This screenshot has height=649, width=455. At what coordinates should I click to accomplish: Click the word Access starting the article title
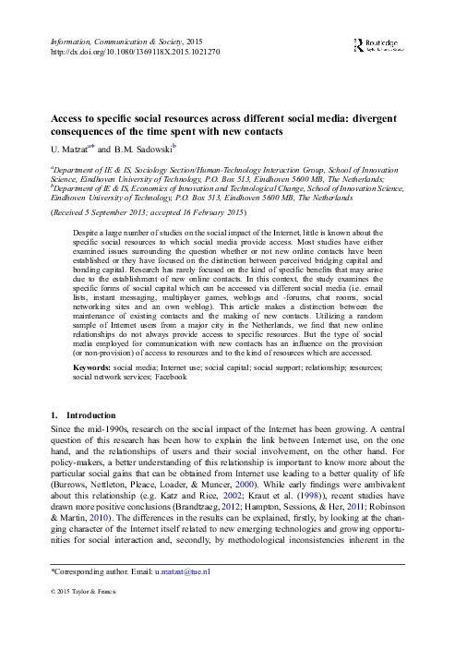click(66, 119)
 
